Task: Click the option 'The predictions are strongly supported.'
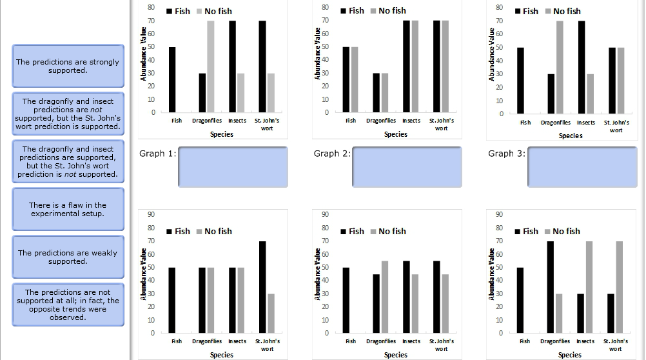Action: click(x=68, y=66)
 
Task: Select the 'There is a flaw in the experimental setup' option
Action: click(x=68, y=209)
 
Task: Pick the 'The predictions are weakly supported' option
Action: click(x=68, y=257)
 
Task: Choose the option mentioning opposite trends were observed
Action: click(x=68, y=305)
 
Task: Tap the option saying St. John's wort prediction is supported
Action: click(x=68, y=114)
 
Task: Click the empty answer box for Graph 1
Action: click(x=233, y=166)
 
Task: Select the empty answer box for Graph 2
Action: click(x=407, y=166)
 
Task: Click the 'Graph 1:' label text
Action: click(x=157, y=154)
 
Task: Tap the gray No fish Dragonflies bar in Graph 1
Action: click(x=211, y=66)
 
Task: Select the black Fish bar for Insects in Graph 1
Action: click(x=232, y=66)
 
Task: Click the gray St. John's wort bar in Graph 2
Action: click(x=445, y=66)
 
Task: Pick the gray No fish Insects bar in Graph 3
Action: click(x=590, y=94)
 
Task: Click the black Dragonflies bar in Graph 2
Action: click(x=376, y=93)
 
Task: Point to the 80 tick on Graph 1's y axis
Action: click(x=150, y=7)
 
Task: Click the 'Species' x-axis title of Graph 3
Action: click(x=570, y=135)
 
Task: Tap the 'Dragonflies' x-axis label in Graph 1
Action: click(x=206, y=121)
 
